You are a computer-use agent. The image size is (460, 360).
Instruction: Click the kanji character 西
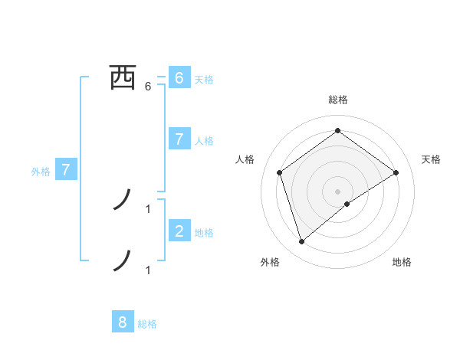pyautogui.click(x=123, y=77)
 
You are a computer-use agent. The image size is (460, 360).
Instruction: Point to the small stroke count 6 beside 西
pyautogui.click(x=148, y=87)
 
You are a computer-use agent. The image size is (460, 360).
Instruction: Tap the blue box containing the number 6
pyautogui.click(x=179, y=77)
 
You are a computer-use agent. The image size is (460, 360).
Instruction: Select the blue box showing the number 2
pyautogui.click(x=179, y=231)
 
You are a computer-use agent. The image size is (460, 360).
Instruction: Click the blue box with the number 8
pyautogui.click(x=123, y=322)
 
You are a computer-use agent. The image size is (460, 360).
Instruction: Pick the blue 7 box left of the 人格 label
pyautogui.click(x=179, y=139)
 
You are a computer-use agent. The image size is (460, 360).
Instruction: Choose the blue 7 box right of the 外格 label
pyautogui.click(x=66, y=170)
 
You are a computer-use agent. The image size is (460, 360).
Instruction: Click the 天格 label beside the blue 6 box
pyautogui.click(x=204, y=79)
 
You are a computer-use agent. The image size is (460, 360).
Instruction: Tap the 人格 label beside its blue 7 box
pyautogui.click(x=204, y=141)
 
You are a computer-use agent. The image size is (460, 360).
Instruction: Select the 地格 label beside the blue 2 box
pyautogui.click(x=204, y=233)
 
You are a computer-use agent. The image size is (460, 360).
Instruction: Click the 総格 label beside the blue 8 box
pyautogui.click(x=147, y=324)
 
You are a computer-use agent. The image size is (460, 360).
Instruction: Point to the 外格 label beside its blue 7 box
pyautogui.click(x=41, y=172)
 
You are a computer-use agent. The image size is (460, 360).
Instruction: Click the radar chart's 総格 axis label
pyautogui.click(x=338, y=100)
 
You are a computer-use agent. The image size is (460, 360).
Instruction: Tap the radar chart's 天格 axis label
pyautogui.click(x=431, y=159)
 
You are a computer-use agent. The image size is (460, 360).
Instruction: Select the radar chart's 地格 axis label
pyautogui.click(x=402, y=262)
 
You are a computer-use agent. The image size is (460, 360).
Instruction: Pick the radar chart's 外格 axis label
pyautogui.click(x=270, y=262)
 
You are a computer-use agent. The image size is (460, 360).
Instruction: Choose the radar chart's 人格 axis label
pyautogui.click(x=245, y=159)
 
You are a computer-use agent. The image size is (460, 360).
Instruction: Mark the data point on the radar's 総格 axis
pyautogui.click(x=337, y=130)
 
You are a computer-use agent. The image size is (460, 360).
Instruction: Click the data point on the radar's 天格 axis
pyautogui.click(x=396, y=172)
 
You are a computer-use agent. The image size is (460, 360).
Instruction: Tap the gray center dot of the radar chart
pyautogui.click(x=337, y=191)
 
